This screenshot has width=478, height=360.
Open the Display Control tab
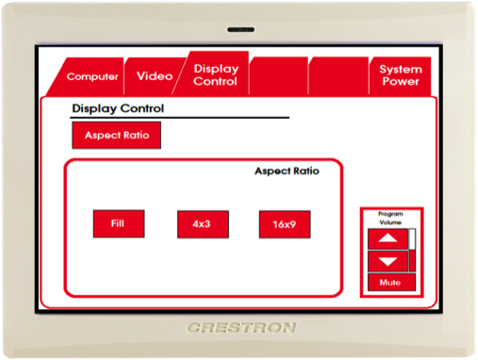pos(214,74)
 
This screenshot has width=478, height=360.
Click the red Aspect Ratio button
pos(117,135)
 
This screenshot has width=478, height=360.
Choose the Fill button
pos(119,223)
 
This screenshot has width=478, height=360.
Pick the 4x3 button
pos(203,224)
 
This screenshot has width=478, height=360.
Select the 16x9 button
pos(285,224)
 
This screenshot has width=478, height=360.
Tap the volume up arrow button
pos(387,238)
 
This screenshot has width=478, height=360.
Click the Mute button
pos(391,282)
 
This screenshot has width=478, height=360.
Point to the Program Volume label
pos(390,218)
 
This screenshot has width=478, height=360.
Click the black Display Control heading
pos(118,108)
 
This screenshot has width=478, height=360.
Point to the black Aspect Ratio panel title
pos(287,172)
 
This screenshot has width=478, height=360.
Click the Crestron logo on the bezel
pos(241,328)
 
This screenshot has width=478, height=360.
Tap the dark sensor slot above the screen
pos(241,30)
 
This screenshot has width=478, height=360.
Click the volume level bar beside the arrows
pos(412,250)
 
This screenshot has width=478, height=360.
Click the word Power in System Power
pos(401,82)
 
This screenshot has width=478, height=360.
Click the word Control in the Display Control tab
pos(215,81)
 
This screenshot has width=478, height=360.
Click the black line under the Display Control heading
pos(179,118)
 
